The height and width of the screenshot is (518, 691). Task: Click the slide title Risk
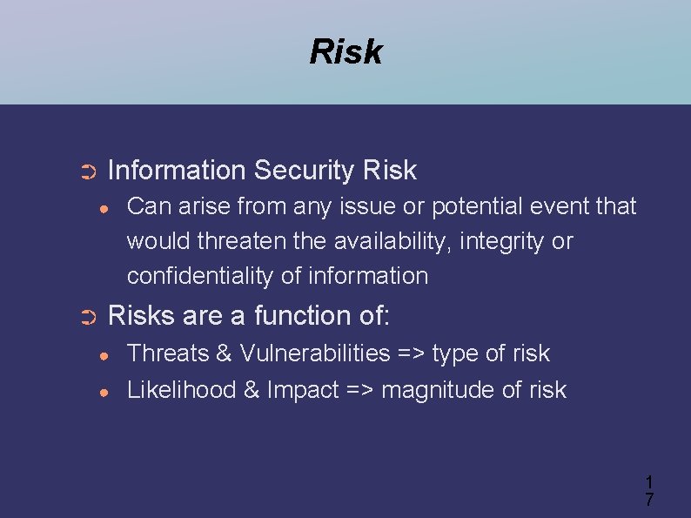(345, 52)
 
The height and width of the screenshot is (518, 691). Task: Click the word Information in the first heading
(177, 171)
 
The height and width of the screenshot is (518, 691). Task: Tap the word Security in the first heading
(305, 171)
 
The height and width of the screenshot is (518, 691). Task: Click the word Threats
(166, 353)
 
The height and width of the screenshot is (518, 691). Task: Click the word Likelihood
(182, 390)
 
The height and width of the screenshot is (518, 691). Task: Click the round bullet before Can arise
(104, 208)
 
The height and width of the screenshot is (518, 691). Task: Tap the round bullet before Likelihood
(104, 392)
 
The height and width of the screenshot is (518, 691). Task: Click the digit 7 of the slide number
(649, 500)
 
